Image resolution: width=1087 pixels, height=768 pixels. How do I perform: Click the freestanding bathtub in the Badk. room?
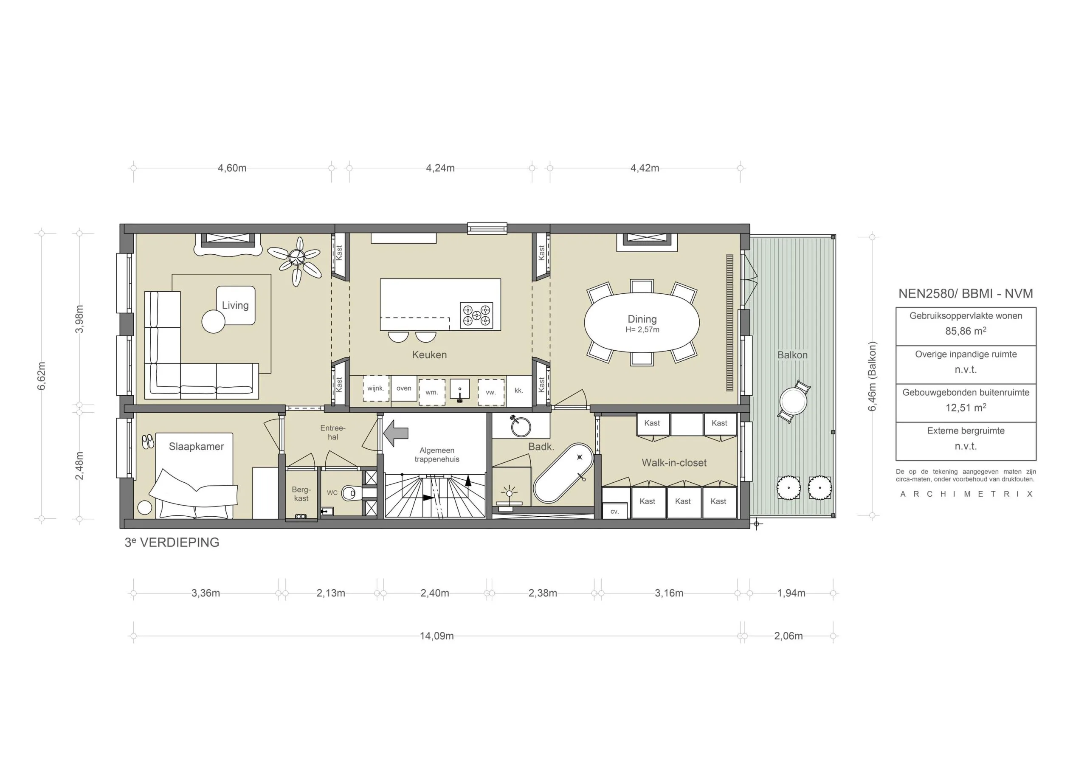[563, 473]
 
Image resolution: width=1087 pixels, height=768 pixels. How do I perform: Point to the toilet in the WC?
[351, 493]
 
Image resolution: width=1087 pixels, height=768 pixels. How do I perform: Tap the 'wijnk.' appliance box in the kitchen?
[375, 388]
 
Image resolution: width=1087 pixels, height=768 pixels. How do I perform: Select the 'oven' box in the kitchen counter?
[404, 388]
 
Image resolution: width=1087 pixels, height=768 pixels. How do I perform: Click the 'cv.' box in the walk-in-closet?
[614, 512]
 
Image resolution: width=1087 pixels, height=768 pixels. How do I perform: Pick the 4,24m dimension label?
[440, 168]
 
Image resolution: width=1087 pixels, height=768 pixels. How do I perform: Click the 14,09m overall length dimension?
[436, 636]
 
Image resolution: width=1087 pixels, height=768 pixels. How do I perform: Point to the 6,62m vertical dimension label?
[42, 376]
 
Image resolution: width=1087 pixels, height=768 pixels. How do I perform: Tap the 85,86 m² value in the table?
[965, 331]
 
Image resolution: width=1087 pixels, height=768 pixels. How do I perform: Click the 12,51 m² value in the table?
[965, 408]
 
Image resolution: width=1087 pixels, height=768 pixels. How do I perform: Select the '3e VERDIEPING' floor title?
[172, 543]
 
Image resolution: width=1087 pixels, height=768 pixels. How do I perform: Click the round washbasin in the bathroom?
[521, 427]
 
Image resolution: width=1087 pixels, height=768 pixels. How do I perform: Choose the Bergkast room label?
[301, 494]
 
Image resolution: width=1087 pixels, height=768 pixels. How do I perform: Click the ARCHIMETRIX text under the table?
[966, 494]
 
